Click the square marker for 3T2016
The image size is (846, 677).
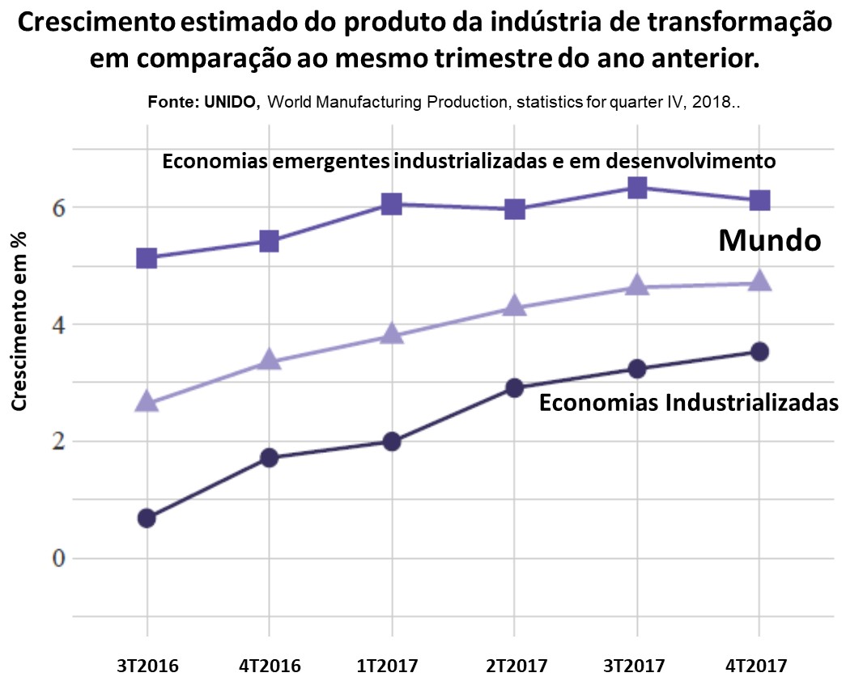click(x=147, y=259)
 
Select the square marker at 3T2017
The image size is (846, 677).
click(x=637, y=188)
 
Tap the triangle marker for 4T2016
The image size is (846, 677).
click(x=269, y=361)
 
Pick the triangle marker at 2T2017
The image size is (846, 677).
click(x=514, y=307)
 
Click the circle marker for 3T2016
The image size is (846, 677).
click(x=147, y=518)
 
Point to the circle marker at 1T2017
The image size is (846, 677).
click(x=392, y=442)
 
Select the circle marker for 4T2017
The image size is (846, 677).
click(x=759, y=351)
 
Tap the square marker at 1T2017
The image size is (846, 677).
click(x=392, y=204)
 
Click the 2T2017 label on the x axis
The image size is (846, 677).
click(x=515, y=666)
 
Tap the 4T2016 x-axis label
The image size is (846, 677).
click(x=270, y=666)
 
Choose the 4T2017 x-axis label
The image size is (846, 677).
click(x=756, y=666)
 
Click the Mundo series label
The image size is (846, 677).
click(x=771, y=240)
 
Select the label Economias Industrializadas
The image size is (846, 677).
click(x=688, y=402)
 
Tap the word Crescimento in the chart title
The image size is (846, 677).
click(x=92, y=23)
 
